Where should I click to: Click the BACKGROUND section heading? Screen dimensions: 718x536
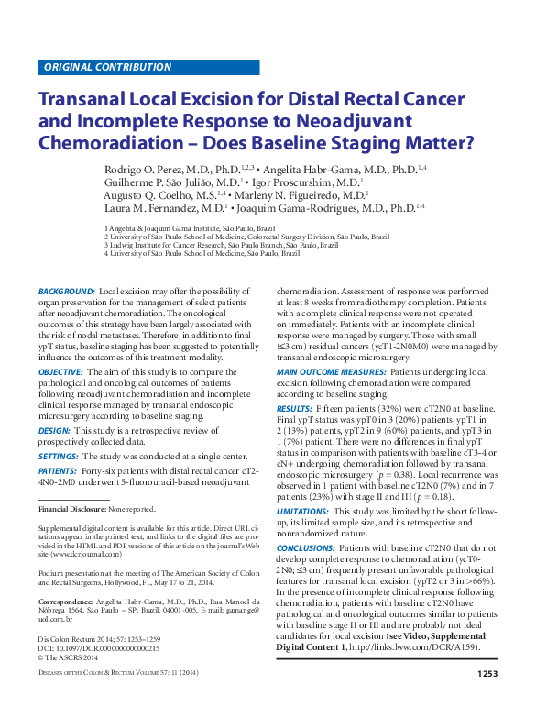pos(66,292)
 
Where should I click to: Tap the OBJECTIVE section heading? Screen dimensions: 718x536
pos(60,372)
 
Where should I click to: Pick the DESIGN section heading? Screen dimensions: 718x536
pos(54,430)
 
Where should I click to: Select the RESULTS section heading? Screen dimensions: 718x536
pos(294,407)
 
